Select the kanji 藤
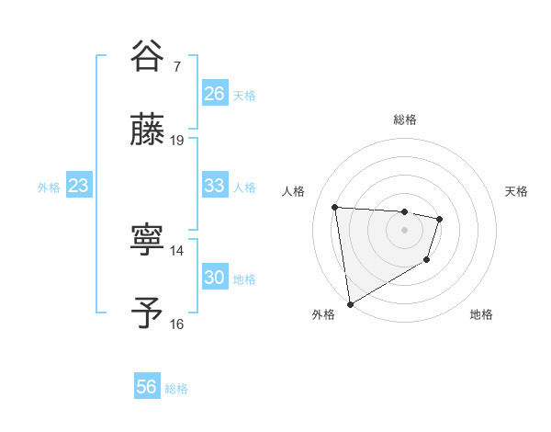148,131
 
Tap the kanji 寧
148,243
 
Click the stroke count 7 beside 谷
177,67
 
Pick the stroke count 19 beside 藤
177,140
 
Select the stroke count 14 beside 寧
177,250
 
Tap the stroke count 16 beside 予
177,323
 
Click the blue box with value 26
214,94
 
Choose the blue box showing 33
214,186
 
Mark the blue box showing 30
214,278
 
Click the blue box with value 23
78,186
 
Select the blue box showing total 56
147,387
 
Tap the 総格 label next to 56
176,389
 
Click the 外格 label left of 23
49,188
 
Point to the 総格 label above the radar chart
404,119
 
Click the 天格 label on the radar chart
516,191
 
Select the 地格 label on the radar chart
481,314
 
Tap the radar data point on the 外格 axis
349,303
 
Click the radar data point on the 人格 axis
335,207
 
